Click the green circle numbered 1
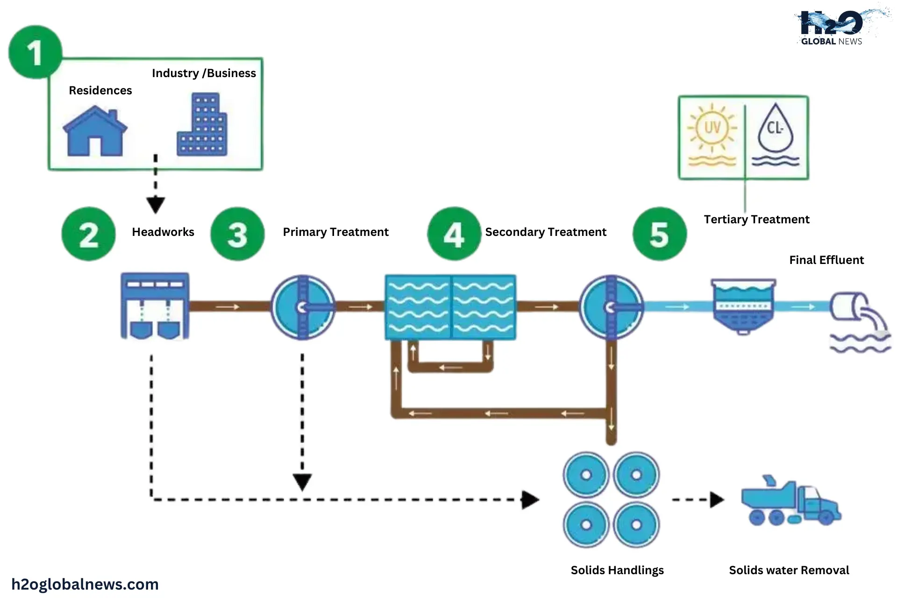point(35,52)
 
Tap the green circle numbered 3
point(237,234)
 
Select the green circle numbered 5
point(660,234)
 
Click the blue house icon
point(95,131)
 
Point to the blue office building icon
point(202,125)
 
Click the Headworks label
point(163,232)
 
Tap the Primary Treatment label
point(335,232)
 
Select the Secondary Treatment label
point(545,232)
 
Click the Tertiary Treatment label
point(756,220)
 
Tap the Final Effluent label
point(826,260)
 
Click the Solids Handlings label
point(617,570)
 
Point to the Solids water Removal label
point(789,570)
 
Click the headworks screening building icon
point(155,306)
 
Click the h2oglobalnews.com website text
point(85,584)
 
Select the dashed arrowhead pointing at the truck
point(717,499)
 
